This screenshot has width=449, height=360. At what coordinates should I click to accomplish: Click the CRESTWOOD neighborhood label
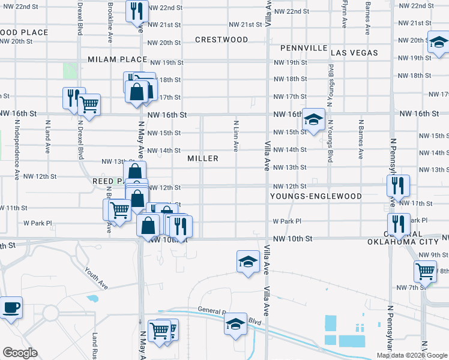tap(221, 40)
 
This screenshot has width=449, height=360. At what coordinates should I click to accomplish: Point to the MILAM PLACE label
tap(118, 59)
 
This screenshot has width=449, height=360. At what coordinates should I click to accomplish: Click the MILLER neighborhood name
tap(202, 158)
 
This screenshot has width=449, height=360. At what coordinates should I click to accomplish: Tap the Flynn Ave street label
tap(345, 13)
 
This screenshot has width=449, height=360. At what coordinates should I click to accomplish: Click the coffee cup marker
tap(11, 308)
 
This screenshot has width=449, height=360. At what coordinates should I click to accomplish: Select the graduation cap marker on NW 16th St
tap(313, 118)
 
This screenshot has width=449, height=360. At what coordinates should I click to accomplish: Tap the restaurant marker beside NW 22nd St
tap(137, 10)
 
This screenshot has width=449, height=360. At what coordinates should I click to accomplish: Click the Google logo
tap(20, 353)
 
